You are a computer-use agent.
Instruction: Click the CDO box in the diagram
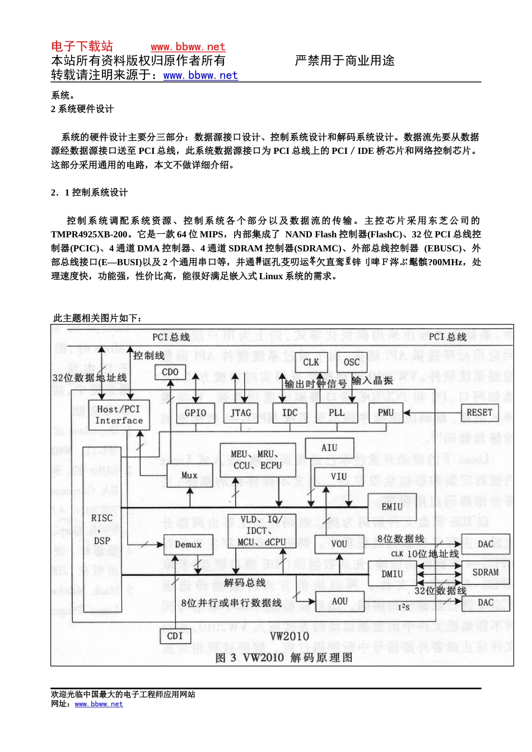(x=170, y=372)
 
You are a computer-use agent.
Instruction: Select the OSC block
(x=352, y=363)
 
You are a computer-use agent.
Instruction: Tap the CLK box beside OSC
(x=311, y=363)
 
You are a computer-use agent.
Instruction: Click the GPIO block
(x=195, y=413)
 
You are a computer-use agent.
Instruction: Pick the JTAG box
(x=241, y=413)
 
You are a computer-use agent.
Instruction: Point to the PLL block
(x=337, y=413)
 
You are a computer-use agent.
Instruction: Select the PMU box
(x=386, y=413)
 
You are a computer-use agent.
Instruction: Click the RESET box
(x=479, y=413)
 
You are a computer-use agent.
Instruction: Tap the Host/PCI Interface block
(x=119, y=415)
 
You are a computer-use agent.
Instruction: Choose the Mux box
(x=189, y=476)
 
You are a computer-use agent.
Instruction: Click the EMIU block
(x=392, y=506)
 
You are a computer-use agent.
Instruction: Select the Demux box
(x=188, y=544)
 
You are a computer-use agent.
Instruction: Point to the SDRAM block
(x=485, y=572)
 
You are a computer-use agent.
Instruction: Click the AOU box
(x=340, y=601)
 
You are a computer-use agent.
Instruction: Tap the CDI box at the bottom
(x=175, y=636)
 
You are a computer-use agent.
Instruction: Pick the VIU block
(x=339, y=477)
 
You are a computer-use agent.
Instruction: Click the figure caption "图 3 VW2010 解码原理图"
(x=284, y=657)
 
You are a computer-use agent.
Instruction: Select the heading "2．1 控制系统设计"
(x=90, y=192)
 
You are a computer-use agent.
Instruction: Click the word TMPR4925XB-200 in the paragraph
(x=89, y=234)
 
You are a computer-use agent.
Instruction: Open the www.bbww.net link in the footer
(x=99, y=704)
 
